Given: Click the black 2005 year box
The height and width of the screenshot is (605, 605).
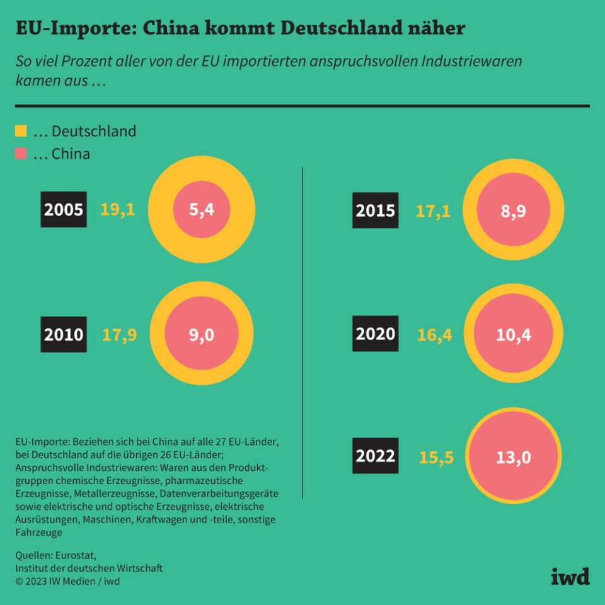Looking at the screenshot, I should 63,210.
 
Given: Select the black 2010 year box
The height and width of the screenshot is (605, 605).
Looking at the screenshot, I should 63,334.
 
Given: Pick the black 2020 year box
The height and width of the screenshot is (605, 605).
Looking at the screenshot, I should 375,334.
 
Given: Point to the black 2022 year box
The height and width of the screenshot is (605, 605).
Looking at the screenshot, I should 375,456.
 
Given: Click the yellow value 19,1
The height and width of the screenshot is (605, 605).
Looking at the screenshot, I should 118,210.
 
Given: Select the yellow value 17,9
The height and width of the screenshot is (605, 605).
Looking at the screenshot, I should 119,334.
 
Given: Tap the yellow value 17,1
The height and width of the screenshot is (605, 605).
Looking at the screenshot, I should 433,210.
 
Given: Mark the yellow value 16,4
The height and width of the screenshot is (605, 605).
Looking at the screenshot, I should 435,335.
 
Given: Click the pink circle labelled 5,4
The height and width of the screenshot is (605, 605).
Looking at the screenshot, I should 202,210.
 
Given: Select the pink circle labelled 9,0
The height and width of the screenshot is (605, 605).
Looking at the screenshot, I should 202,334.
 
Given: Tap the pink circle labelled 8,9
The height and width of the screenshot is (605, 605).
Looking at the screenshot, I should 513,210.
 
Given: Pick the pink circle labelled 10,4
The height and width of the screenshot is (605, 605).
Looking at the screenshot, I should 513,334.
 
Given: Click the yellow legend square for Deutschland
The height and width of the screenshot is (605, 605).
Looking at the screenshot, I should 21,131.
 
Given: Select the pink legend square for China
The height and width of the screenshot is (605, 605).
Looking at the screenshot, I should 21,153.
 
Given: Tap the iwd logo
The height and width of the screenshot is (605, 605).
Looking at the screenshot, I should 570,575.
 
